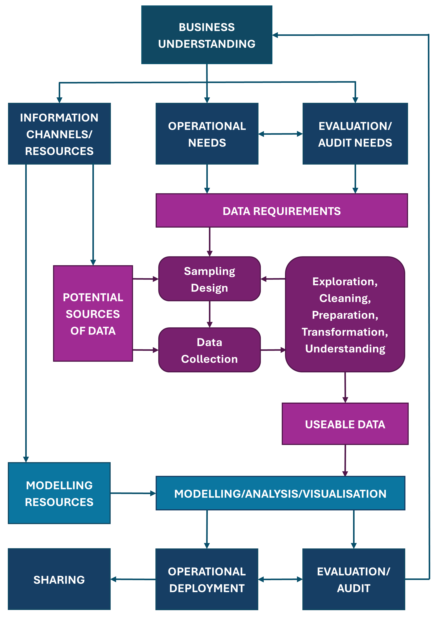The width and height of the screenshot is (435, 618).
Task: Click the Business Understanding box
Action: click(207, 35)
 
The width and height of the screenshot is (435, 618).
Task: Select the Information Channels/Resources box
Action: click(59, 134)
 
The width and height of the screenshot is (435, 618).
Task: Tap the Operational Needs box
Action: click(207, 134)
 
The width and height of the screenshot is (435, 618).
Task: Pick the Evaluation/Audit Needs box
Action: click(355, 134)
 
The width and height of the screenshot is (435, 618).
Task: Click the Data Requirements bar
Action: click(281, 211)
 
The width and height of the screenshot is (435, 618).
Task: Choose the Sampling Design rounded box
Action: click(209, 279)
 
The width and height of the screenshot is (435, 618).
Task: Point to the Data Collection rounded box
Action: click(209, 350)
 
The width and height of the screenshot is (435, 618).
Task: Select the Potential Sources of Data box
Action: click(93, 314)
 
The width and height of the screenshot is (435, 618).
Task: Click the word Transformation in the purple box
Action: click(345, 332)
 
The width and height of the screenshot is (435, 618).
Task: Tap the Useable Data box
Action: click(345, 424)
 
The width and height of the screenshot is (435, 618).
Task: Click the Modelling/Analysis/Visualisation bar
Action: click(280, 493)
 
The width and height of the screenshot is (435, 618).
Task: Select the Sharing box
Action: click(59, 580)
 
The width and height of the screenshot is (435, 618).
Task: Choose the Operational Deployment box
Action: click(207, 580)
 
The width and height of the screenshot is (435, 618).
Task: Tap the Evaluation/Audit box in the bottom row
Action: click(353, 580)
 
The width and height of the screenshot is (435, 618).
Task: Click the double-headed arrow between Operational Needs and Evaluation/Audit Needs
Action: click(280, 134)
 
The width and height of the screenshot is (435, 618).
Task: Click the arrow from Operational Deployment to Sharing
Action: click(133, 579)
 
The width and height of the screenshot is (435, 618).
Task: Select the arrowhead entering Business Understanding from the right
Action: click(275, 35)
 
